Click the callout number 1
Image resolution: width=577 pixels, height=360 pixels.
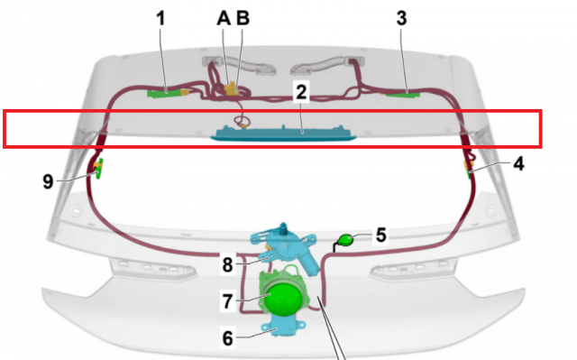(x=160, y=18)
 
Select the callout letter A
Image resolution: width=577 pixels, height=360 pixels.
(x=224, y=18)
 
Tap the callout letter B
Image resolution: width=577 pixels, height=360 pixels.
(x=243, y=18)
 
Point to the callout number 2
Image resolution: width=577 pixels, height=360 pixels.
(x=301, y=92)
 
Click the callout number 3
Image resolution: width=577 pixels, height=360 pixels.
(x=401, y=18)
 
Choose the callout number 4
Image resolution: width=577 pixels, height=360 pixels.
(x=518, y=163)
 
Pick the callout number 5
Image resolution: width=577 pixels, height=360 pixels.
(x=380, y=235)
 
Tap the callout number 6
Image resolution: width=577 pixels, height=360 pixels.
(x=228, y=338)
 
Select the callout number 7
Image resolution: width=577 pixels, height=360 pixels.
(x=228, y=301)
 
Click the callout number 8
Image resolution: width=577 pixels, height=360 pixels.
(x=228, y=264)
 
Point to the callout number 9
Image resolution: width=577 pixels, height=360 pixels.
(x=48, y=182)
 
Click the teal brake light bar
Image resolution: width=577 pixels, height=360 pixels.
(x=283, y=134)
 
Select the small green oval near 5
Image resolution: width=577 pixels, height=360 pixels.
(x=346, y=240)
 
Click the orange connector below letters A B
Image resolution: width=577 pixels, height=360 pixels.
(x=232, y=88)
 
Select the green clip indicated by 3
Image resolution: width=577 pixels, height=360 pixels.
(x=403, y=95)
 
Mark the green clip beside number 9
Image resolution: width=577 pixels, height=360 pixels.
(x=98, y=169)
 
